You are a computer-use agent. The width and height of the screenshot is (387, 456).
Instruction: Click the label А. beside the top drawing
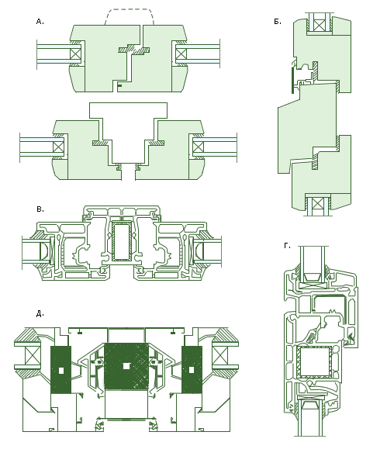(40, 22)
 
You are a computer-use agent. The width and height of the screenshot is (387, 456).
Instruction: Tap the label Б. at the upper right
(278, 22)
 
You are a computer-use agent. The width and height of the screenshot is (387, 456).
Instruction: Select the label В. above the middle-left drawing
(40, 209)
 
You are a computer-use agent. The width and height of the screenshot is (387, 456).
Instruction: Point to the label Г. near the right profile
(287, 246)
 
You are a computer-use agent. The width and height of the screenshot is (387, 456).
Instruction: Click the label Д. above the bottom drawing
(40, 313)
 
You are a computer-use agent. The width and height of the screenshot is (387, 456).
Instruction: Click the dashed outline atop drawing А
(129, 9)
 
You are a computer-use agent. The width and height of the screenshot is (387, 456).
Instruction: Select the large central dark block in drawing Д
(126, 366)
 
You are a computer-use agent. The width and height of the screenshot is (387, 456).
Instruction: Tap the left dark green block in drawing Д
(61, 370)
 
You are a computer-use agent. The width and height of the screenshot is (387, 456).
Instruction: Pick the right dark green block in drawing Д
(192, 370)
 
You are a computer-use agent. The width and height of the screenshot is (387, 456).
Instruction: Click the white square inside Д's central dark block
(126, 366)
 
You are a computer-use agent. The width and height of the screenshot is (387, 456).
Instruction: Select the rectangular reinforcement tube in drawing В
(122, 241)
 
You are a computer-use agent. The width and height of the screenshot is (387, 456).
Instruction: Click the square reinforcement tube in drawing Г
(314, 362)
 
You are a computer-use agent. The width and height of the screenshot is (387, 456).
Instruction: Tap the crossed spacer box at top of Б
(319, 26)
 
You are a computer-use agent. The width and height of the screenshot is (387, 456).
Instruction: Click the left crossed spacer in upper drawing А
(75, 54)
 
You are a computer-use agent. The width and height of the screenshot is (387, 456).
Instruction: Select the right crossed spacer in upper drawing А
(181, 54)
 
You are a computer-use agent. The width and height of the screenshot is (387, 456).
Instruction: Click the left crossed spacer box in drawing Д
(33, 355)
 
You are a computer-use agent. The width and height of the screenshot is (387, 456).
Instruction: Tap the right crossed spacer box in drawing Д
(220, 355)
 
